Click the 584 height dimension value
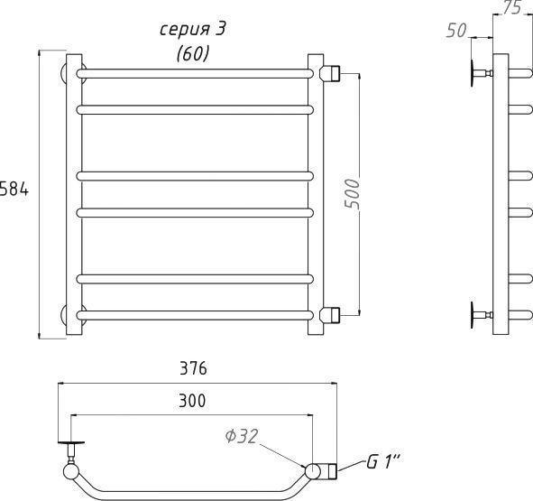pyautogui.click(x=14, y=190)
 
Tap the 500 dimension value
pyautogui.click(x=352, y=194)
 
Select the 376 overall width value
pyautogui.click(x=193, y=368)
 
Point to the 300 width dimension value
pyautogui.click(x=192, y=401)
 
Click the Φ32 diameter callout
pyautogui.click(x=242, y=436)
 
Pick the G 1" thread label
pyautogui.click(x=382, y=462)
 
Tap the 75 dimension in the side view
pyautogui.click(x=511, y=7)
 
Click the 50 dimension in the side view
pyautogui.click(x=456, y=31)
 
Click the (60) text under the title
pyautogui.click(x=192, y=54)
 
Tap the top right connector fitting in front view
pyautogui.click(x=330, y=73)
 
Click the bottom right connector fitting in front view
pyautogui.click(x=330, y=315)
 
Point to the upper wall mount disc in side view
pyautogui.click(x=473, y=73)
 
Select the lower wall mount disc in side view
pyautogui.click(x=473, y=315)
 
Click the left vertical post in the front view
pyautogui.click(x=74, y=194)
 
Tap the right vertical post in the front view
pyautogui.click(x=316, y=194)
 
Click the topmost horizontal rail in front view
pyautogui.click(x=195, y=73)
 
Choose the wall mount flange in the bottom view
pyautogui.click(x=71, y=443)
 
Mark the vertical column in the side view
pyautogui.click(x=501, y=194)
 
